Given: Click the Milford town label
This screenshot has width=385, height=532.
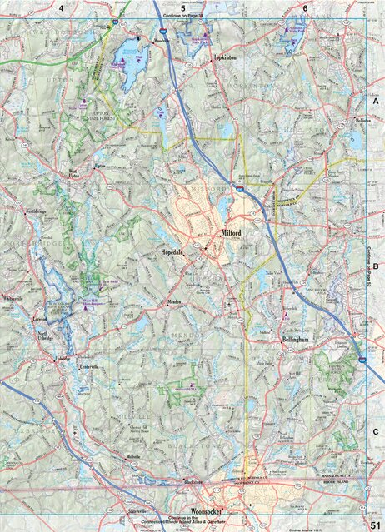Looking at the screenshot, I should [x=231, y=234].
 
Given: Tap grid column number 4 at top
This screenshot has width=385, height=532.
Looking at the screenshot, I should [x=62, y=7].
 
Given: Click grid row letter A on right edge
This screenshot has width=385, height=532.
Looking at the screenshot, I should [x=376, y=97].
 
